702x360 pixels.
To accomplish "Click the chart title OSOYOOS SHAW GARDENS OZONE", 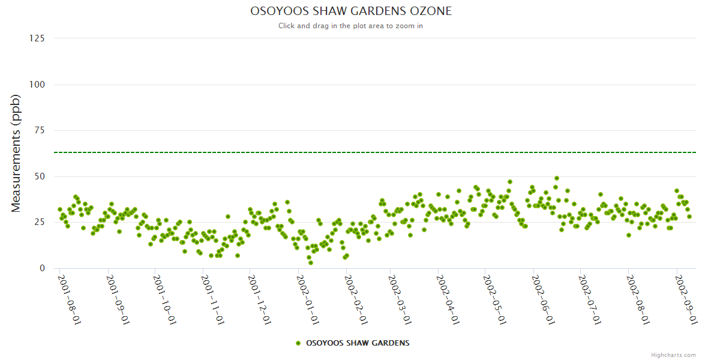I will point(350,11).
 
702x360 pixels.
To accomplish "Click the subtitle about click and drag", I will point(350,26).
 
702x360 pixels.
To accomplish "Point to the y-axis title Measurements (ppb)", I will point(16,154).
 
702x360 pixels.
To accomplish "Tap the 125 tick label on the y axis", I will point(37,38).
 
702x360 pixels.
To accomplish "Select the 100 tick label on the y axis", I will point(37,85).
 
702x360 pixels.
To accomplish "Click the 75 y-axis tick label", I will point(39,131).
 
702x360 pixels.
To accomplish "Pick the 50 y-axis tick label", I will point(39,176).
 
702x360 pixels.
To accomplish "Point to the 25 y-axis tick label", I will point(39,223).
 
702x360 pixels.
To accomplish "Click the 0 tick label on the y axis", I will point(41,268).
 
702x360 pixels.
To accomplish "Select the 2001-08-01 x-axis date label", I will point(69,299).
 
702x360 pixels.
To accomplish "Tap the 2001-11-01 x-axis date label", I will point(212,299).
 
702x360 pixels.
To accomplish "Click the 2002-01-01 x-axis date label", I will point(306,299).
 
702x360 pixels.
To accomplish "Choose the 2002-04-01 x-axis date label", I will point(446,299).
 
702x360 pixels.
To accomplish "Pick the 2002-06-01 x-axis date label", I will point(541,299).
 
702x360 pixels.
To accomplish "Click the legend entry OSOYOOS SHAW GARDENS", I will point(358,343).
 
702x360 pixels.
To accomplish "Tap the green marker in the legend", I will point(298,343).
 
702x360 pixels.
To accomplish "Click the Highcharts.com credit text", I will point(673,355).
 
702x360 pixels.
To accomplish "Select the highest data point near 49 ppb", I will point(557,178).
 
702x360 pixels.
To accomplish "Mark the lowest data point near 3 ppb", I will point(311,263).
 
